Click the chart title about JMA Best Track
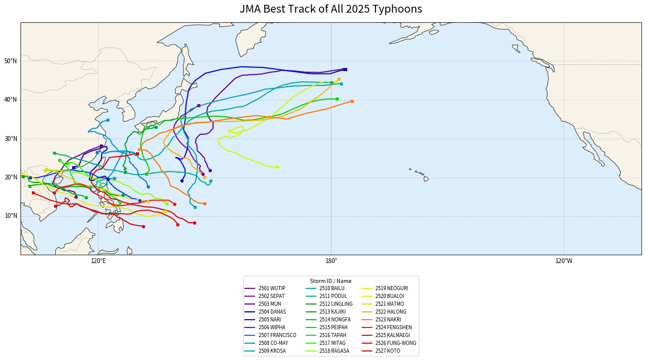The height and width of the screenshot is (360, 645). (330, 9)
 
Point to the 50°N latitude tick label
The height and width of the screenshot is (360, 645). (10, 61)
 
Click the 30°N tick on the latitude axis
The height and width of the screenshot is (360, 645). (10, 138)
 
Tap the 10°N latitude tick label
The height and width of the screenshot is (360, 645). (10, 216)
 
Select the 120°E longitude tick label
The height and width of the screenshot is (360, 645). (98, 261)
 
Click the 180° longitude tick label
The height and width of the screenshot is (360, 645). (331, 261)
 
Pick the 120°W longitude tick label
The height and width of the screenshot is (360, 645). (563, 261)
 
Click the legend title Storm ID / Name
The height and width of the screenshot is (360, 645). (330, 281)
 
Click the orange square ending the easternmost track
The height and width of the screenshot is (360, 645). (352, 101)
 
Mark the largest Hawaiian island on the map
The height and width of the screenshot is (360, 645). (426, 179)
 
